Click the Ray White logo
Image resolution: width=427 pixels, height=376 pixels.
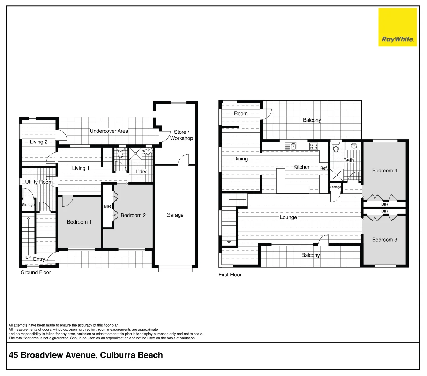[x=397, y=27]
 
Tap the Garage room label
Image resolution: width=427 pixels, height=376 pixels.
[x=175, y=215]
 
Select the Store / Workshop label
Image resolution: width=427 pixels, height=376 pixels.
[x=181, y=135]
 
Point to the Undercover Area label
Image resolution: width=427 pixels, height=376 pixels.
[x=109, y=131]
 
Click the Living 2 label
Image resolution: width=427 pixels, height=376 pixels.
[x=38, y=142]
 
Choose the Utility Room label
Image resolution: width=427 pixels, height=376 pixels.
[x=39, y=182]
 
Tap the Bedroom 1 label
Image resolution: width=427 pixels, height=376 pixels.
[x=79, y=222]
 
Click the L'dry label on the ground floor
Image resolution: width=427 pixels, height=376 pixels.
[x=141, y=171]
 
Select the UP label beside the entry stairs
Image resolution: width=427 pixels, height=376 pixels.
[x=28, y=257]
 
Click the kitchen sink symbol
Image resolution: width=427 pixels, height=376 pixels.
[x=290, y=147]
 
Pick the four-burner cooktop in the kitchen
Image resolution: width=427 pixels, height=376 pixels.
[x=314, y=147]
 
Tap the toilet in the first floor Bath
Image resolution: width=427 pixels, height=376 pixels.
[x=336, y=148]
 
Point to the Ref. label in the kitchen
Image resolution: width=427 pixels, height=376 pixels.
[x=324, y=168]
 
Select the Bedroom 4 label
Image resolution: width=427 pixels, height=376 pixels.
[x=384, y=170]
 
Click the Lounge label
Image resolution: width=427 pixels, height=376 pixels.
[x=288, y=217]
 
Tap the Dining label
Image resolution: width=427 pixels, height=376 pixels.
[x=240, y=159]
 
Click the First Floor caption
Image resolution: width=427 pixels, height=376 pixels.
[x=230, y=275]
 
